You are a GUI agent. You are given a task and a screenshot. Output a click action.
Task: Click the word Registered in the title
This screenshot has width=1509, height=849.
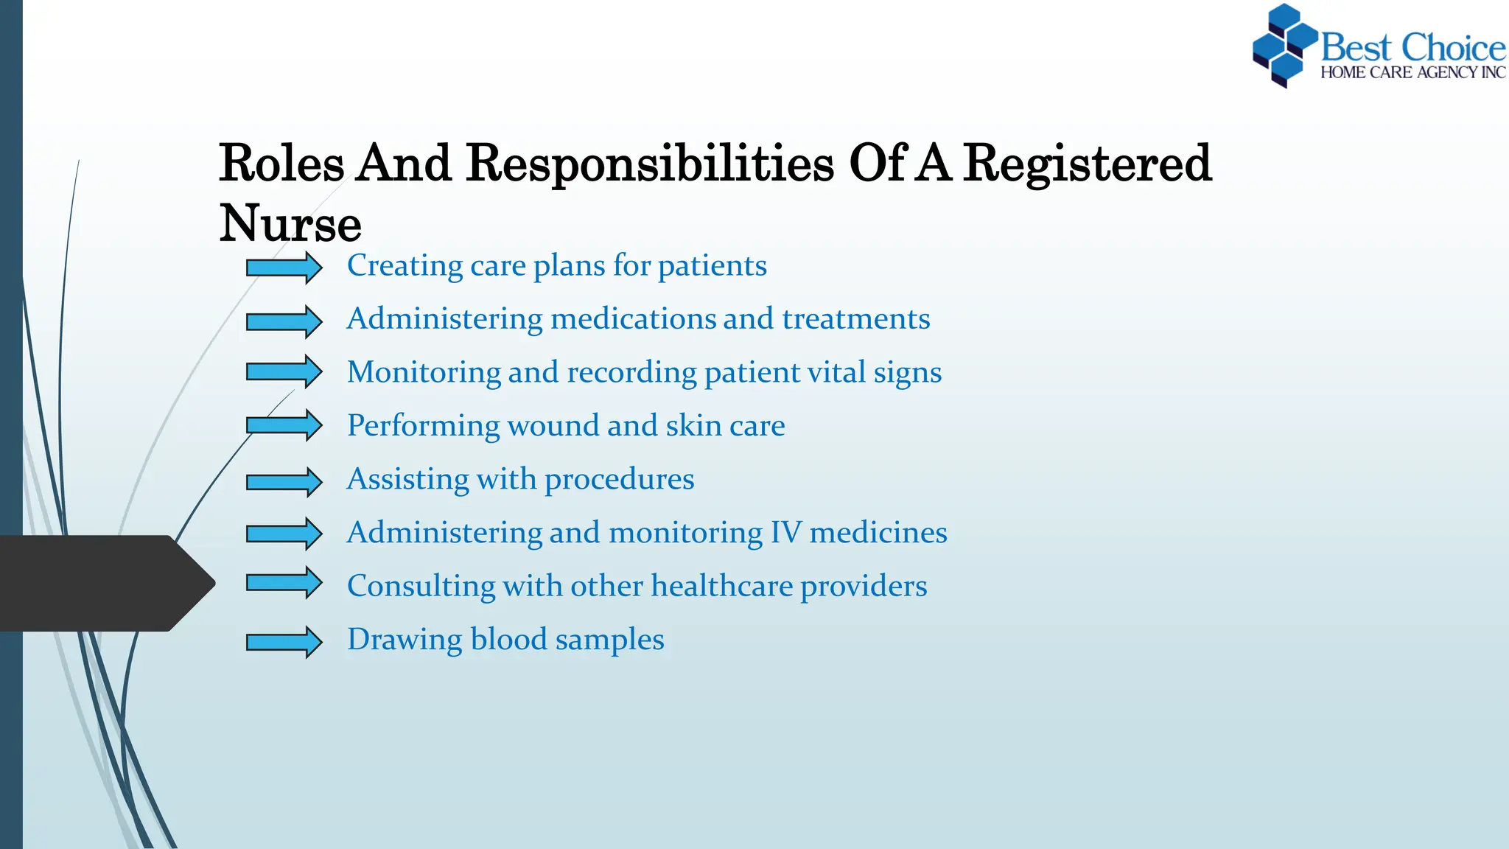coord(1088,164)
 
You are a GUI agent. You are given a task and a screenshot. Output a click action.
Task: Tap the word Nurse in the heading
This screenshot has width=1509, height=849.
coord(290,224)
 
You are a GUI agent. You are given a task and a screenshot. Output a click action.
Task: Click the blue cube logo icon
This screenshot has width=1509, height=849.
coord(1284,46)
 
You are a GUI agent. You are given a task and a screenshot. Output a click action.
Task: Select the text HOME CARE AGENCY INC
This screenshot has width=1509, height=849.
coord(1412,73)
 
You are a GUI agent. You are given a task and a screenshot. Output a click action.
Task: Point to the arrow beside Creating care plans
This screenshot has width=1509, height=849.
coord(284,268)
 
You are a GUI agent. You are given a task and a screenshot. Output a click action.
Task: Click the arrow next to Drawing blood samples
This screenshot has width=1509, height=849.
coord(284,642)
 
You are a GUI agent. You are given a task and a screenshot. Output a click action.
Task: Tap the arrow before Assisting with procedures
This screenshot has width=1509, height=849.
coord(284,482)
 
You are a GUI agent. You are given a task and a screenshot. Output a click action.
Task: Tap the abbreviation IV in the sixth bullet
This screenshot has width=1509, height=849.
coord(786,533)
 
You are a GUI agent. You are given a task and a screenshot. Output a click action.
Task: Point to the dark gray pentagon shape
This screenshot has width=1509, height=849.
coord(103,583)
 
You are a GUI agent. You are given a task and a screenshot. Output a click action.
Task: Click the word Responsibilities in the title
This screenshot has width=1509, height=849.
coord(650,164)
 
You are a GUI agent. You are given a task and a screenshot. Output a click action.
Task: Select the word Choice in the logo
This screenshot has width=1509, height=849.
coord(1453,48)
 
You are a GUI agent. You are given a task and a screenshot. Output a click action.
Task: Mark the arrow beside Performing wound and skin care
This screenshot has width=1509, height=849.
coord(284,425)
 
